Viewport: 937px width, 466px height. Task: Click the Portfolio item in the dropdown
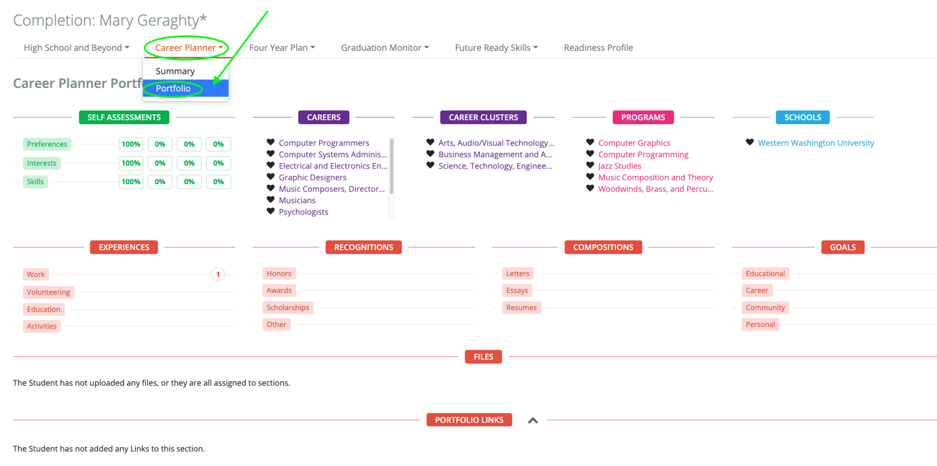[x=173, y=88]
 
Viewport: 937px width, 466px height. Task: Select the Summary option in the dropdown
[x=175, y=71]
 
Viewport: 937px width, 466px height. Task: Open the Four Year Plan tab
[x=282, y=48]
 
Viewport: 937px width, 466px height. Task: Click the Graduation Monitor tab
[x=385, y=48]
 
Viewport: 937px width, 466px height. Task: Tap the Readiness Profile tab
[x=598, y=48]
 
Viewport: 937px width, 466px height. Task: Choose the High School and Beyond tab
[x=76, y=48]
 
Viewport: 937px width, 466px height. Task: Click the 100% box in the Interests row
[x=131, y=163]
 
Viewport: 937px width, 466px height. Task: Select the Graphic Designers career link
[x=312, y=177]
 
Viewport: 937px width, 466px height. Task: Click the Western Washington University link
[x=816, y=143]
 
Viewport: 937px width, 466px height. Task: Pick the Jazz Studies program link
[x=619, y=166]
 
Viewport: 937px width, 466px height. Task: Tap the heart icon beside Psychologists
[x=271, y=211]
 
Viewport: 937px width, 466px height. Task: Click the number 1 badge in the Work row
[x=218, y=274]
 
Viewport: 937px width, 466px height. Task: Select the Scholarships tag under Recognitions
[x=288, y=307]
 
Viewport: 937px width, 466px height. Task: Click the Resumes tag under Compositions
[x=522, y=307]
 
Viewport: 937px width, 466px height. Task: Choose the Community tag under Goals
[x=765, y=307]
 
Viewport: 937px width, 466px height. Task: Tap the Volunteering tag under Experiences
[x=48, y=292]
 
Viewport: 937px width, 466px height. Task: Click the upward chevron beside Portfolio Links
[x=533, y=421]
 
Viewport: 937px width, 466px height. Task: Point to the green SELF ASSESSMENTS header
[x=124, y=117]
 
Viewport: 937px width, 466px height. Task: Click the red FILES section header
[x=483, y=356]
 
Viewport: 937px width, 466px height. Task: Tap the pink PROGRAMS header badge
[x=643, y=117]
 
